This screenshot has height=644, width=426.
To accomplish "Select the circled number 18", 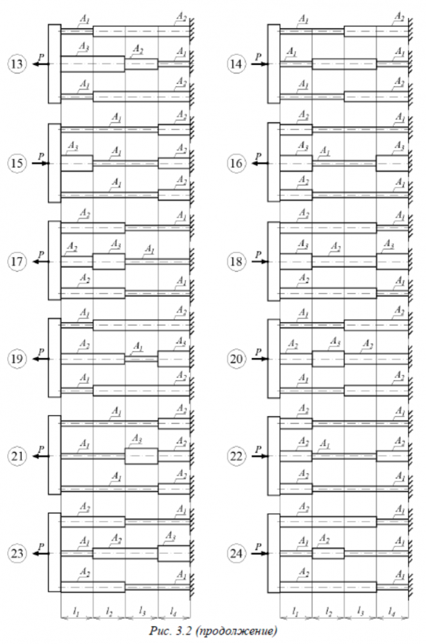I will pyautogui.click(x=236, y=262).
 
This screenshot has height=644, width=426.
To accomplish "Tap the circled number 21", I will pyautogui.click(x=17, y=457).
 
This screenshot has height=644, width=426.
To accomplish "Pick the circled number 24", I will pyautogui.click(x=236, y=553).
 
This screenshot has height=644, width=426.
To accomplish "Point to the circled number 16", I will pyautogui.click(x=236, y=164).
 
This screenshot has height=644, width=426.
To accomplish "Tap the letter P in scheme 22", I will pyautogui.click(x=257, y=448).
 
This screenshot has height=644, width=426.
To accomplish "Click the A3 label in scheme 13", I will pyautogui.click(x=83, y=48).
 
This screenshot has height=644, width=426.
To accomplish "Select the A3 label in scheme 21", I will pyautogui.click(x=136, y=439).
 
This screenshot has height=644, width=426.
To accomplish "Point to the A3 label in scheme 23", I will pyautogui.click(x=170, y=536).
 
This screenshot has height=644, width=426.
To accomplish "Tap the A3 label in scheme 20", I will pyautogui.click(x=335, y=341).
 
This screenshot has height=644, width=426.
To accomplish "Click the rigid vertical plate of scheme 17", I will pyautogui.click(x=54, y=261).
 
